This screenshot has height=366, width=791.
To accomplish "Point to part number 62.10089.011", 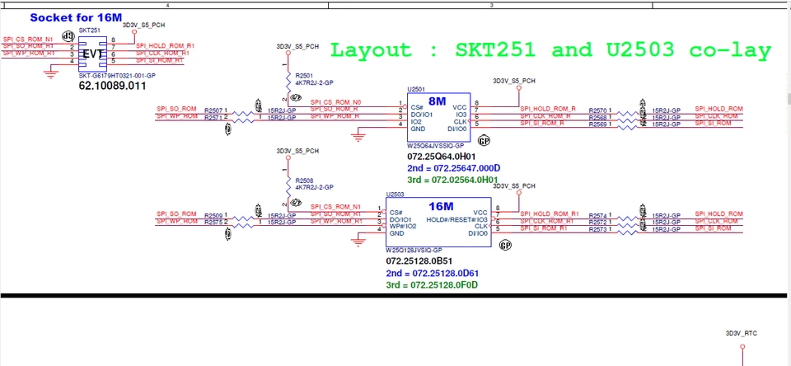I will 112,85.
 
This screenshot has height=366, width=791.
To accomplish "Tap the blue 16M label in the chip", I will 441,206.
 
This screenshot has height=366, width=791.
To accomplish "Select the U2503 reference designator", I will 395,194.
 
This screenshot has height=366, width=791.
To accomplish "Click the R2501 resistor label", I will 304,76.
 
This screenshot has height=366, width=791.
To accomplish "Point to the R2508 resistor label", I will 304,180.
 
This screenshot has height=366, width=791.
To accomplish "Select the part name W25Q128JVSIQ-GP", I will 414,250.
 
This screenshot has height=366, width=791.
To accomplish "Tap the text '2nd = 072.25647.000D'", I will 453,167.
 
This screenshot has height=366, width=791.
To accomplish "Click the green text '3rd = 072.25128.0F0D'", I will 432,285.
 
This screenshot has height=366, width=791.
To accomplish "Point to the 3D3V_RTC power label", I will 740,333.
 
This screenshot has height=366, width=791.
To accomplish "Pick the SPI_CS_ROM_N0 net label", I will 335,102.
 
